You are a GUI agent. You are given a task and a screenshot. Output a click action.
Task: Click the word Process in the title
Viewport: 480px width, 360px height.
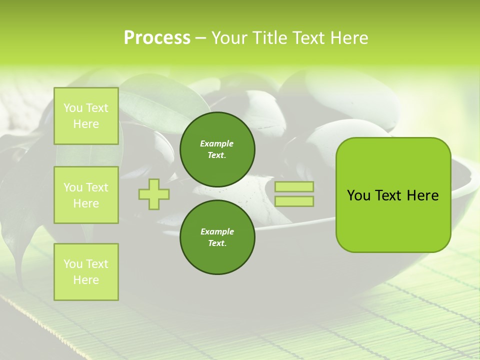(157, 38)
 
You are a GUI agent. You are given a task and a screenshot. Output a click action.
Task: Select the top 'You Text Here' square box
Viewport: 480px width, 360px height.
(86, 116)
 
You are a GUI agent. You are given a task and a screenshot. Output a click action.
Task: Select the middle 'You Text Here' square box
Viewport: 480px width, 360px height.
(86, 195)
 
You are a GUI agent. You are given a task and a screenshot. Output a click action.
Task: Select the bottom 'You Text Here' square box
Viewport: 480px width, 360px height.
(86, 272)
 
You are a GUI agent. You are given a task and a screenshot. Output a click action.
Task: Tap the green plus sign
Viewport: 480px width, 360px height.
(153, 194)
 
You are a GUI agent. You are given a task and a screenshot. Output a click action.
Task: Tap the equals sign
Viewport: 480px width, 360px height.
(294, 194)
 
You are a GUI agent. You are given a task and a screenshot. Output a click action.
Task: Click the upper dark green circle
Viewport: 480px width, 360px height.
(217, 149)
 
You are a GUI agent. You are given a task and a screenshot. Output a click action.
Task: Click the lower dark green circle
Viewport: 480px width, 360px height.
(217, 237)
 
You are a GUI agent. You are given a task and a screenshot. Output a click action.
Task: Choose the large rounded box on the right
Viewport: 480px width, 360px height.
(393, 195)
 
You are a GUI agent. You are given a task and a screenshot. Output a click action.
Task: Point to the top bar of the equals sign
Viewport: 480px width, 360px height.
(294, 187)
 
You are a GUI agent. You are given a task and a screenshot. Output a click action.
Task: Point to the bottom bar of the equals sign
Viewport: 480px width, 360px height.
(294, 201)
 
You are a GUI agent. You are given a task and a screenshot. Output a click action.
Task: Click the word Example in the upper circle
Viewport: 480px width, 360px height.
(217, 143)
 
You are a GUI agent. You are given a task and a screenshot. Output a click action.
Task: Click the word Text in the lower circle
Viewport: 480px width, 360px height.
(216, 243)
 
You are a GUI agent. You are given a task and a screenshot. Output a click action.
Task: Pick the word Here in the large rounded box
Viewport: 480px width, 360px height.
(422, 195)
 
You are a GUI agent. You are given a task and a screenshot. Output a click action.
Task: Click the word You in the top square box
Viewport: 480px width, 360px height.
(73, 108)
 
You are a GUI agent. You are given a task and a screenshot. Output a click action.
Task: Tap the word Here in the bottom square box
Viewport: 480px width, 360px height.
(86, 280)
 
